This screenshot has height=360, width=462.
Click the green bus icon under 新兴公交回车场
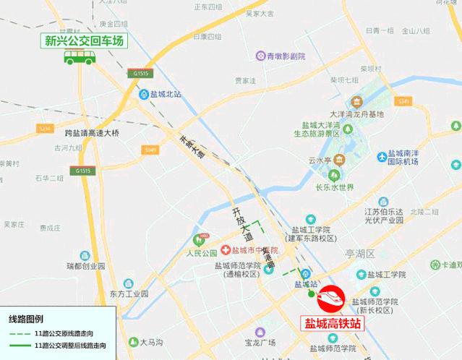click(80, 58)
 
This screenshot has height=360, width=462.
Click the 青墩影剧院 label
click(287, 55)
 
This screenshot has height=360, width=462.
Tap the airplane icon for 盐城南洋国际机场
click(382, 157)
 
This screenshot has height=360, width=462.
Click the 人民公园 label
click(201, 253)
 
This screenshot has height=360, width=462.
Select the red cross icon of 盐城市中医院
click(226, 249)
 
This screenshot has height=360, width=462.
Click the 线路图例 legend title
click(25, 317)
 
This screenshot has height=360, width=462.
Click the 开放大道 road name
click(241, 224)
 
